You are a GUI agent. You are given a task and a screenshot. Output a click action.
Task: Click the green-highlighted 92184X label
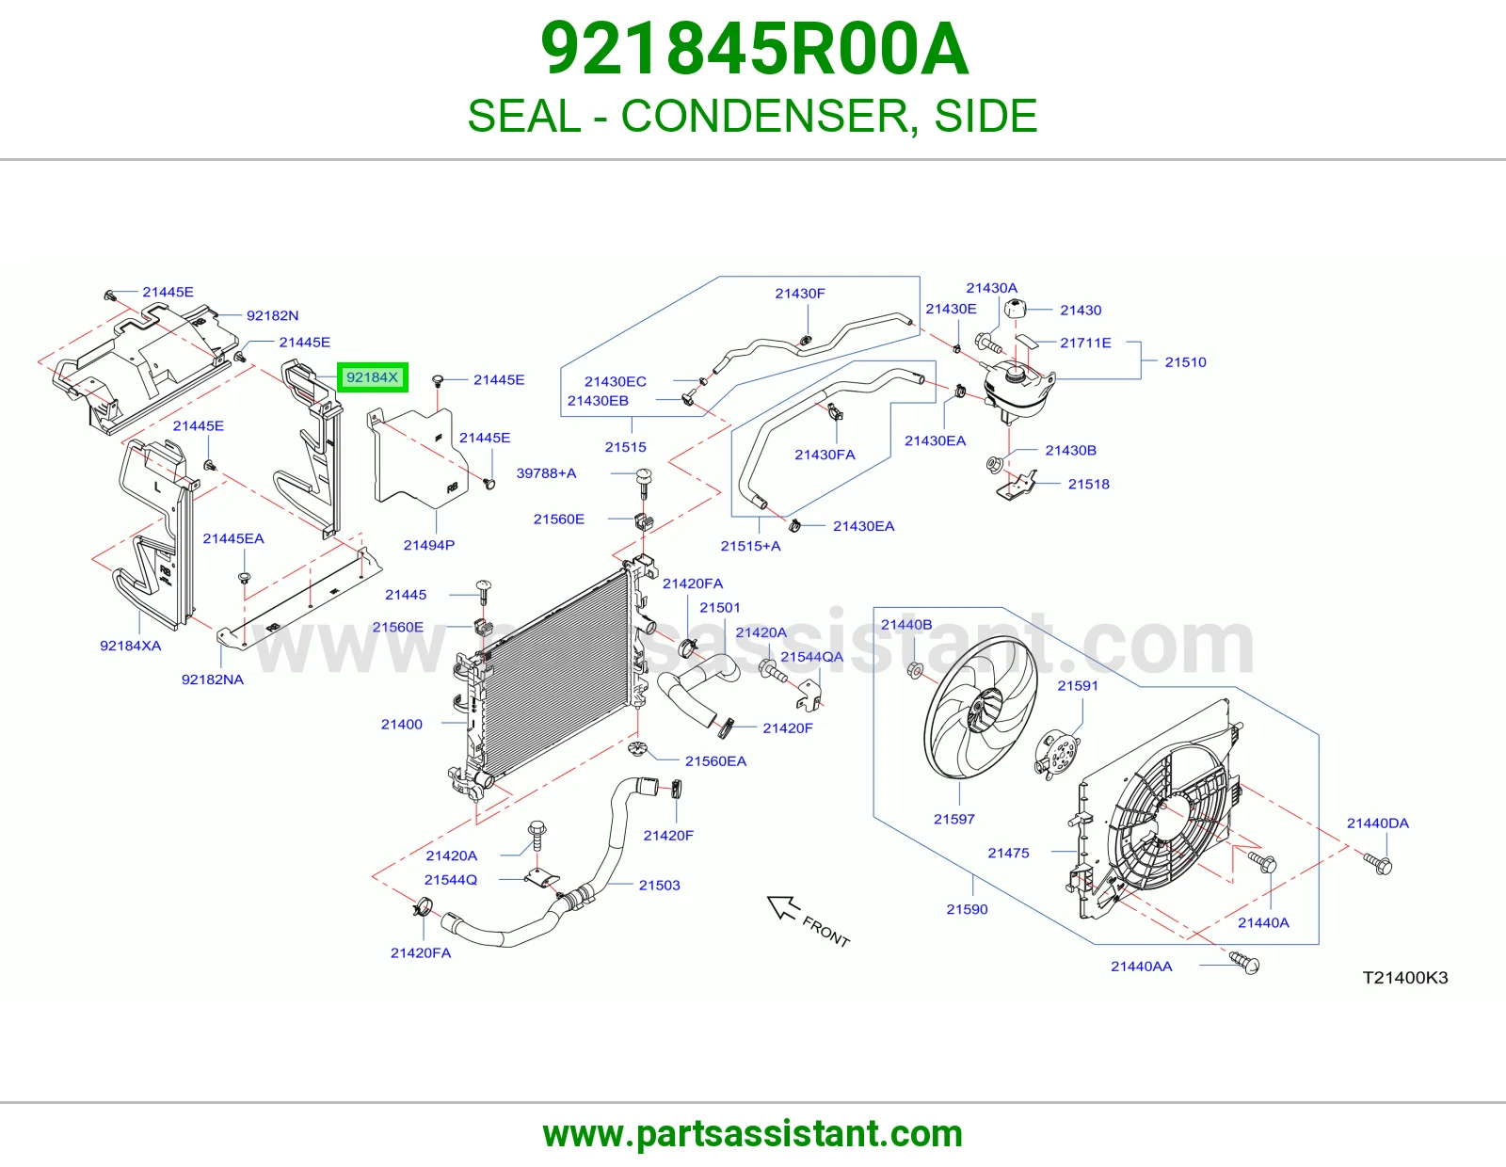point(372,377)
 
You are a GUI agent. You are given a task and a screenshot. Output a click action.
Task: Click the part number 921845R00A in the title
point(754,49)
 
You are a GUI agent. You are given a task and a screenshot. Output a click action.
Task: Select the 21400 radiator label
point(401,724)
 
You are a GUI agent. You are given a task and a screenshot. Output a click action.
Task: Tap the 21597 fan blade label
point(953,819)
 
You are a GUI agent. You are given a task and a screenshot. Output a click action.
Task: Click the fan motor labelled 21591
point(1058,753)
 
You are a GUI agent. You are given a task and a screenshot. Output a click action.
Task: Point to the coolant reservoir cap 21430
point(1015,309)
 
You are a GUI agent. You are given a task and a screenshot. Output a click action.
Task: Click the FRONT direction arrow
point(783,907)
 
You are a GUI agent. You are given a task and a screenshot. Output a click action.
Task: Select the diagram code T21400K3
point(1404,977)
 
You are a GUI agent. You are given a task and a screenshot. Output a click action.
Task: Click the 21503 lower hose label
point(659,885)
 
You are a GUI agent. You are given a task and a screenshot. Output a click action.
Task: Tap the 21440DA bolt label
point(1377,823)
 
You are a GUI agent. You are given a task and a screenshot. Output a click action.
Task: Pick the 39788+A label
point(546,473)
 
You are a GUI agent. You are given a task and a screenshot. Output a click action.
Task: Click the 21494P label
point(429,546)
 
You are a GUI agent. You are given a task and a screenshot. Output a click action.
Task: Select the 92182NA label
point(213,679)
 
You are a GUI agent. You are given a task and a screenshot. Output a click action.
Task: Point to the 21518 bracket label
point(1088,485)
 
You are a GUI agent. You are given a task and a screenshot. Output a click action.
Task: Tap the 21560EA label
point(715,761)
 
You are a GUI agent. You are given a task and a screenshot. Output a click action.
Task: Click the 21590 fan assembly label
point(967,909)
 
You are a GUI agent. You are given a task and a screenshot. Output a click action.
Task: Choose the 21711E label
point(1085,343)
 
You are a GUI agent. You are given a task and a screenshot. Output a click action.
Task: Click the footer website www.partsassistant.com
point(753,1134)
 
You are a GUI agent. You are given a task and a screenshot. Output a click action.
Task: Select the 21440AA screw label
point(1142,967)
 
